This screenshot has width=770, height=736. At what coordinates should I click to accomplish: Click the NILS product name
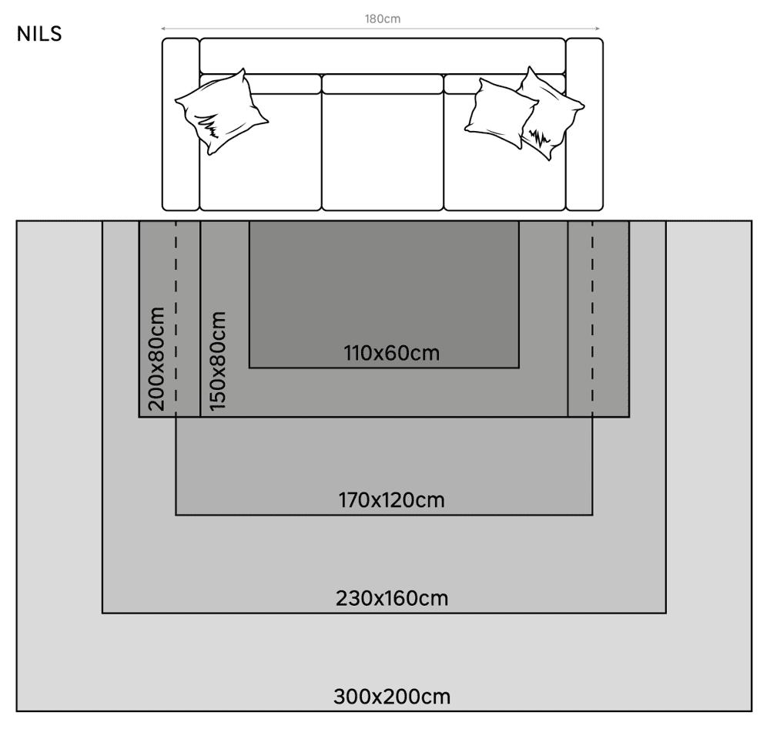[39, 34]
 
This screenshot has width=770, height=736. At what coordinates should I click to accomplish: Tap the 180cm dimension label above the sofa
[383, 18]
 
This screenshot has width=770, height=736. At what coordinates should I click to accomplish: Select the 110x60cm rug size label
[391, 353]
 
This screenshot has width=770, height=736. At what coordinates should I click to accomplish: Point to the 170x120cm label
[391, 500]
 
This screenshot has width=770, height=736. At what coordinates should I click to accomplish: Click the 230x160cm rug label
[392, 598]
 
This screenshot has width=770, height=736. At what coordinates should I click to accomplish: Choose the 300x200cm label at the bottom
[392, 697]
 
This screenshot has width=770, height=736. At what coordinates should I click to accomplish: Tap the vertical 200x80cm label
[156, 359]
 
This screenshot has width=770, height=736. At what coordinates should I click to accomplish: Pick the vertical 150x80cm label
[218, 361]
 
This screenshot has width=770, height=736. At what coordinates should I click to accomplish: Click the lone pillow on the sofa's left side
[222, 112]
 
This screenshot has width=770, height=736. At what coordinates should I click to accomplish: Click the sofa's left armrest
[181, 124]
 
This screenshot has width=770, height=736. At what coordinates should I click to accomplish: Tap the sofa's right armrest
[584, 124]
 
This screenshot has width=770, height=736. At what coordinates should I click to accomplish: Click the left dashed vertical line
[176, 318]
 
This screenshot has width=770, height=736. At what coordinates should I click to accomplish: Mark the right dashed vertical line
[592, 318]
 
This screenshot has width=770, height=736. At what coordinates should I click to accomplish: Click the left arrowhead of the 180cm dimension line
[163, 29]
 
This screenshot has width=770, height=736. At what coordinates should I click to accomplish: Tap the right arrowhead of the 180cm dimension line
[598, 29]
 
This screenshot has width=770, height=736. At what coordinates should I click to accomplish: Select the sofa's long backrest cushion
[383, 56]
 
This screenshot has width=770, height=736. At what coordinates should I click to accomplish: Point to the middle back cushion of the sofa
[383, 84]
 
